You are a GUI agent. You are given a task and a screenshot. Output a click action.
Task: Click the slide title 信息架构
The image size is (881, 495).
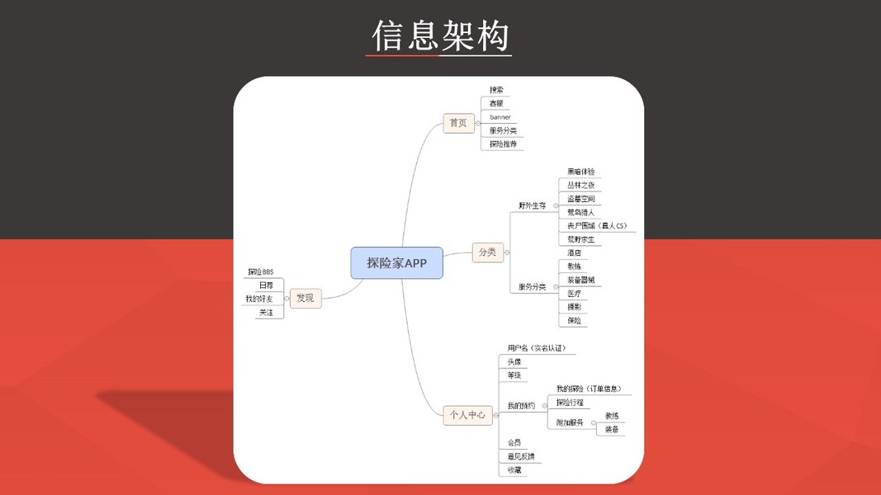point(440,35)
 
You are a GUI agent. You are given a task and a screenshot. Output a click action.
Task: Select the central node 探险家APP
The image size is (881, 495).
point(396,262)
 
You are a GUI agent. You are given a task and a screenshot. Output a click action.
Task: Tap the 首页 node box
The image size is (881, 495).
point(457,123)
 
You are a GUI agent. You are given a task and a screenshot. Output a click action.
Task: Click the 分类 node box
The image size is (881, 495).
point(487,252)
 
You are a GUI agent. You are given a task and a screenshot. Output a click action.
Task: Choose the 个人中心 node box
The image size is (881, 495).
point(467,414)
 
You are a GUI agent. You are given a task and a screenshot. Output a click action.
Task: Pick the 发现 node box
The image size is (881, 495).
point(305,298)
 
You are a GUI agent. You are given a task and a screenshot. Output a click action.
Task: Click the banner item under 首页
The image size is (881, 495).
point(500,117)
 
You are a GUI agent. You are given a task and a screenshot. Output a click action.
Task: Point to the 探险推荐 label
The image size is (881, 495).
point(503,144)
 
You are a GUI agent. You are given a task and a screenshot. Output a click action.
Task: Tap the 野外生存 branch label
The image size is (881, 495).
point(533,205)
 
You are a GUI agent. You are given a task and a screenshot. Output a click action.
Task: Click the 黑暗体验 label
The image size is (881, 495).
point(580,172)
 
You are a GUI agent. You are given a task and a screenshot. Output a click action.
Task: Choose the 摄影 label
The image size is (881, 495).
point(574,306)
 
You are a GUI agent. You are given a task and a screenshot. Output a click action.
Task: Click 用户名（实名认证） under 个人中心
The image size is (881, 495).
point(537,348)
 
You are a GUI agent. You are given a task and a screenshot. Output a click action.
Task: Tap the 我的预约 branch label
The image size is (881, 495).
point(521,405)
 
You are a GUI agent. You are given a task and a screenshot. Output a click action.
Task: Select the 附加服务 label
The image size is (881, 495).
point(569,422)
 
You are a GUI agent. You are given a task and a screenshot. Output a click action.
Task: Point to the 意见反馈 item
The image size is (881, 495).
point(520,456)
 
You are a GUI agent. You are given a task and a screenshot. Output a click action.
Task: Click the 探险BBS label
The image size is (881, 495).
point(260,271)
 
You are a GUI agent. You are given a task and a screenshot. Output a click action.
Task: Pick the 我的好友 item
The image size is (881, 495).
point(258,298)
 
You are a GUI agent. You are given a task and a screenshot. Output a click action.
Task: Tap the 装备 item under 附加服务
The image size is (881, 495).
point(612,429)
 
